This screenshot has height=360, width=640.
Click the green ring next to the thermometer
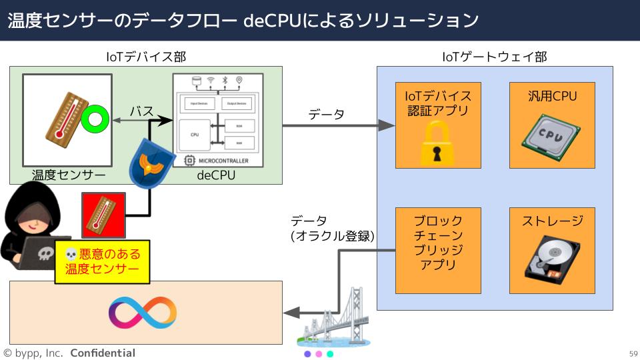pyautogui.click(x=95, y=120)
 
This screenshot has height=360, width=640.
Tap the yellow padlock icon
pyautogui.click(x=437, y=145)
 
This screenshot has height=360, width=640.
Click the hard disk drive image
pyautogui.click(x=551, y=263)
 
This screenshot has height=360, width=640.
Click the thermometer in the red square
pyautogui.click(x=103, y=215)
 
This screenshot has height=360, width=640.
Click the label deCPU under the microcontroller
pyautogui.click(x=216, y=175)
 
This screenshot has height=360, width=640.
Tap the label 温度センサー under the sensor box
pyautogui.click(x=69, y=175)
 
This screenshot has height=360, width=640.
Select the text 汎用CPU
pyautogui.click(x=552, y=97)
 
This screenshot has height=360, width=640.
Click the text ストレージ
pyautogui.click(x=552, y=221)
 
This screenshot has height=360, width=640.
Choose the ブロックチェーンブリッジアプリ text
pyautogui.click(x=438, y=243)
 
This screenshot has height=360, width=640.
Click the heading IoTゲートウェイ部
pyautogui.click(x=495, y=57)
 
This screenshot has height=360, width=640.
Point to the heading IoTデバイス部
pyautogui.click(x=146, y=57)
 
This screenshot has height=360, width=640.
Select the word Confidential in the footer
pyautogui.click(x=103, y=353)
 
